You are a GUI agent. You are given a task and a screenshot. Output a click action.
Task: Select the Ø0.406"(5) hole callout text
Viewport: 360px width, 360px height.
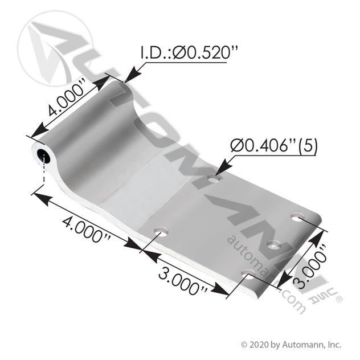click(274, 146)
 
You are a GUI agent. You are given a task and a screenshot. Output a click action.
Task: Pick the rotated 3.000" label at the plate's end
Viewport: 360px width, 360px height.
click(311, 266)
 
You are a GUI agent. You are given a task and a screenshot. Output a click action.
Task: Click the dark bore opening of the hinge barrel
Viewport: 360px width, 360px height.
click(44, 156)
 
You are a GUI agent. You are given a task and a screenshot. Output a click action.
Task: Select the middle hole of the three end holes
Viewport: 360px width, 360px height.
click(274, 245)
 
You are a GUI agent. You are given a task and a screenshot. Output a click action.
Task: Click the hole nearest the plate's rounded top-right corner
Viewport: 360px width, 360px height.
click(297, 217)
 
